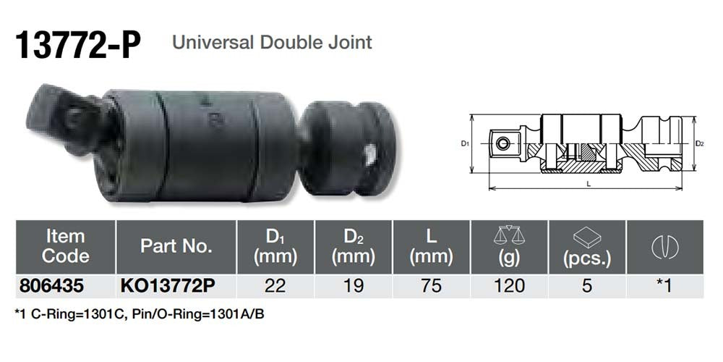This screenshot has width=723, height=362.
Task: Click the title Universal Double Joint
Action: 272,42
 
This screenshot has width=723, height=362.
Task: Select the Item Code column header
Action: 65,246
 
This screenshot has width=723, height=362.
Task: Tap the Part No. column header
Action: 176,246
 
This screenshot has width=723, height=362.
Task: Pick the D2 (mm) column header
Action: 354,246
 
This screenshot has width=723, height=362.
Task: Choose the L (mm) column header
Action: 431,246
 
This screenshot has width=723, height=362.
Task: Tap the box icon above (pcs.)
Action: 587,235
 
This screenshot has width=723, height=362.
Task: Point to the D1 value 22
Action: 275,285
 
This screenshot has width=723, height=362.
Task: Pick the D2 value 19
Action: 354,285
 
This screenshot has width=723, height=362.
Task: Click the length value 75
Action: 431,285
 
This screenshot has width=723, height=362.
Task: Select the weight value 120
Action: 510,285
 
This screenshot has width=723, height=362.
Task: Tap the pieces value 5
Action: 587,285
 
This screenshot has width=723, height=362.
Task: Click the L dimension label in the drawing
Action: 589,185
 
